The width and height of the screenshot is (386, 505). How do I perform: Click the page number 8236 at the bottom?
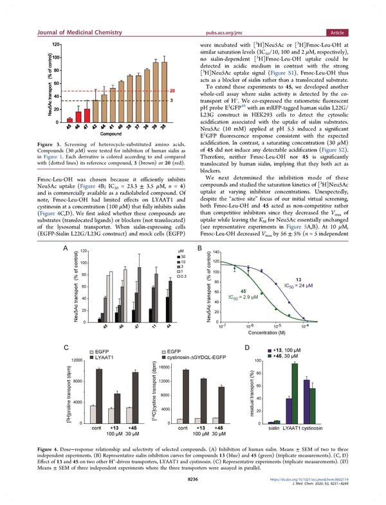[193, 479]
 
